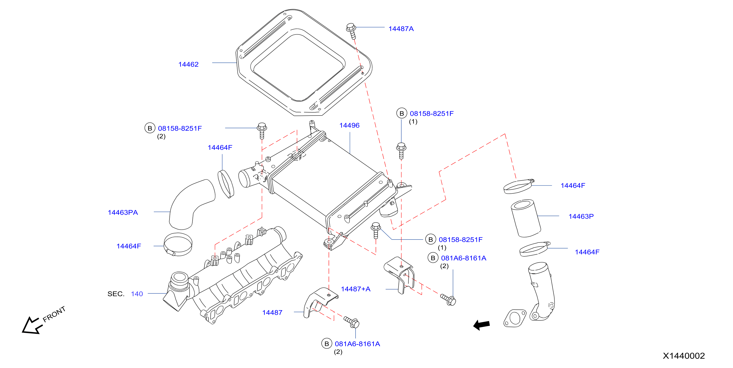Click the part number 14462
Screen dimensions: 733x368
188,64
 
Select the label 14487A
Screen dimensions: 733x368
401,29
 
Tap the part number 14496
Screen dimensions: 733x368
349,125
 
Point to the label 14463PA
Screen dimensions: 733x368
123,213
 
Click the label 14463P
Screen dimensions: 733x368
581,216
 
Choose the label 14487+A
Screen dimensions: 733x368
356,289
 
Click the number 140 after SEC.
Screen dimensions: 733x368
137,294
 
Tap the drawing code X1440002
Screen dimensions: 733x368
684,356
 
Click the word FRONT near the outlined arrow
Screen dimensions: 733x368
54,314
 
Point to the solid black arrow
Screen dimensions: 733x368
481,325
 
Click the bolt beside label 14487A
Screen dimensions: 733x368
351,31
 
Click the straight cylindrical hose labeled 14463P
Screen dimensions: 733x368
526,218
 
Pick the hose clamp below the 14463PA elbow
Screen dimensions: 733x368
178,245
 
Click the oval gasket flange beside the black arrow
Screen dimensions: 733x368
515,318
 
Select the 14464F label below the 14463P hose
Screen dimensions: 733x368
587,252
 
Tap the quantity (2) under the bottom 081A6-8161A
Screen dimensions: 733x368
338,352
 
